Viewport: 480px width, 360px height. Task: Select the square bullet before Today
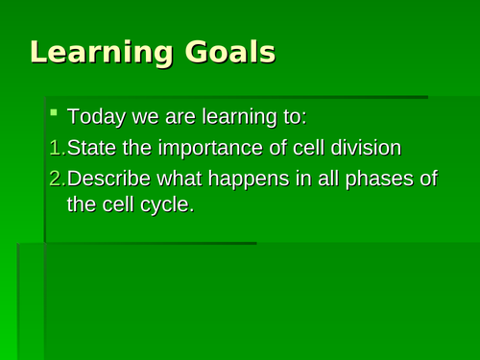point(55,115)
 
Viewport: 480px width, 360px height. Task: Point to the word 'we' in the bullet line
point(145,119)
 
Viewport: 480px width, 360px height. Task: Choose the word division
point(365,148)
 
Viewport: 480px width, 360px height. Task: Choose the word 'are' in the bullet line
point(178,119)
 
